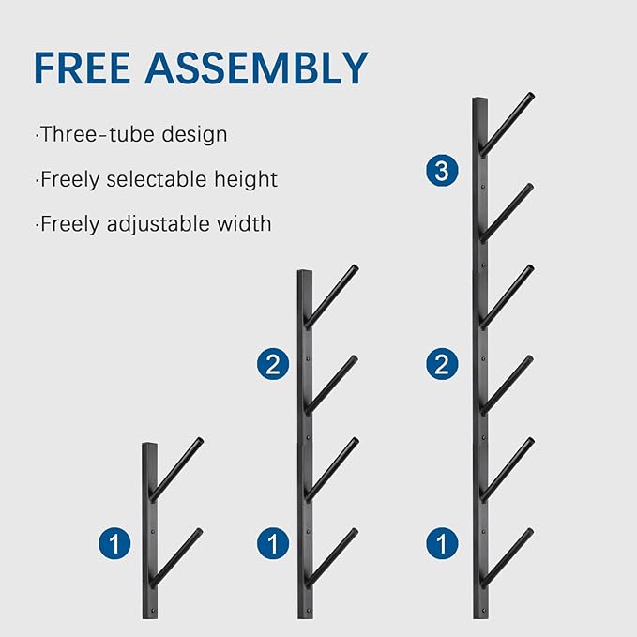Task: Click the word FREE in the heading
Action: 82,68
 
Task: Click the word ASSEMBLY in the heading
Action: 256,68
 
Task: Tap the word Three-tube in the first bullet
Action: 98,134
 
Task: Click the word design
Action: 194,135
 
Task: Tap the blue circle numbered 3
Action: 442,170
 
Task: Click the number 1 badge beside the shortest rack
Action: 114,543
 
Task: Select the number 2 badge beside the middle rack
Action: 273,364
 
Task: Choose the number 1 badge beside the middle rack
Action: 273,543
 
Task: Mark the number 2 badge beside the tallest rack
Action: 442,364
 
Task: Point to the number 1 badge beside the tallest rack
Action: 442,543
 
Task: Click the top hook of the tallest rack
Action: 508,124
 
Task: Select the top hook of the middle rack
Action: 331,296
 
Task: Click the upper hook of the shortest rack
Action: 176,469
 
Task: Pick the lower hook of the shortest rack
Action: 175,557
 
